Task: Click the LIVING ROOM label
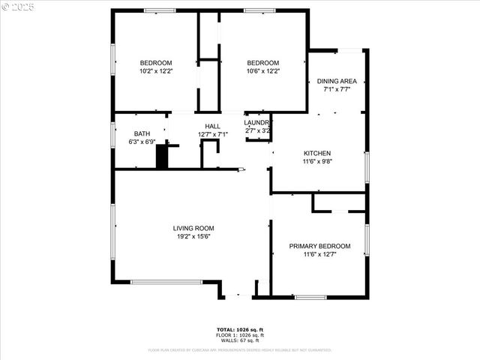coord(193,229)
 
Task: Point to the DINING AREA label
coord(337,81)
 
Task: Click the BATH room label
coord(142,133)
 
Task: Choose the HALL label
coord(212,126)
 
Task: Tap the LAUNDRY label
coord(257,122)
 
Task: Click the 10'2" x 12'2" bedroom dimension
coord(156,71)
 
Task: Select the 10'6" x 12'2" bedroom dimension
coord(263,71)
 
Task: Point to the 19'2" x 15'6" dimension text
coord(193,237)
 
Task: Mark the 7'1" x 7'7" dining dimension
coord(337,89)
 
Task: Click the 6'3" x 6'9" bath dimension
coord(142,141)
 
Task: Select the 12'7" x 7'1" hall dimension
coord(212,134)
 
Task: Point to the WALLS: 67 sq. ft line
coord(240,341)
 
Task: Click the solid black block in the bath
coord(161,157)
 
